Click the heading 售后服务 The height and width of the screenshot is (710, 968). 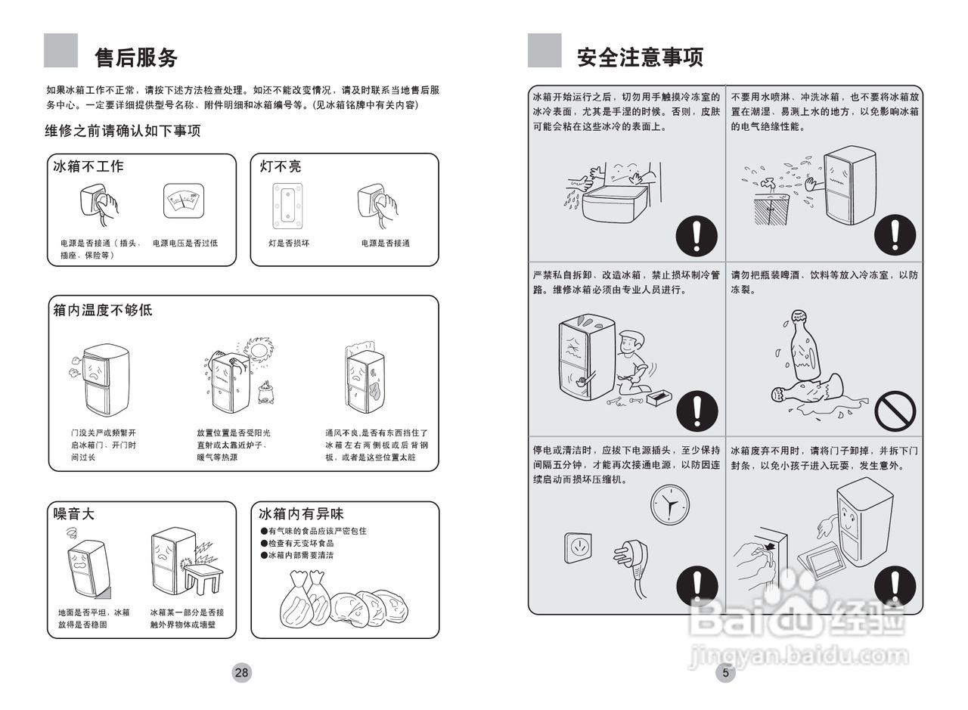point(136,57)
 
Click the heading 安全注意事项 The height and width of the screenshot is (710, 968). point(640,57)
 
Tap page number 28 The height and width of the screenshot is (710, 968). point(241,672)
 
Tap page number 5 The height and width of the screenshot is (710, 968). point(725,672)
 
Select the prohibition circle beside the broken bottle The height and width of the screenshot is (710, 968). point(895,411)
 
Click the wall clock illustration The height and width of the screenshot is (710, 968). point(669,504)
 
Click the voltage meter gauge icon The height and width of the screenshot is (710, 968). point(185,202)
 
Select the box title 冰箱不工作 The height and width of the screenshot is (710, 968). point(88,166)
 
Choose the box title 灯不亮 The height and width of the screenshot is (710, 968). point(281,166)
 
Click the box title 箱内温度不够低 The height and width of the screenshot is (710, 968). point(103,310)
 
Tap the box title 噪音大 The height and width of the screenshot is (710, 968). point(74,514)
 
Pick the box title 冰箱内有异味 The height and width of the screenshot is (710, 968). point(301,514)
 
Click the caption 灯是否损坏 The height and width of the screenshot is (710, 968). point(289,243)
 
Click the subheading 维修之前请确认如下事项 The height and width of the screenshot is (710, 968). point(123,132)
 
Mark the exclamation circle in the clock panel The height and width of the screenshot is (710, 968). point(697,585)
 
